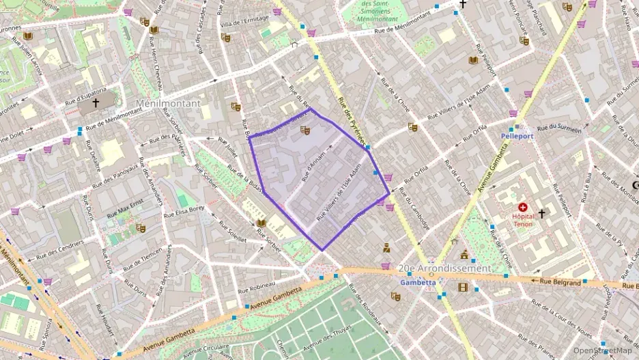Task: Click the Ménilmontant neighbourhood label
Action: (x=169, y=104)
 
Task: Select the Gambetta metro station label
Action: (x=417, y=282)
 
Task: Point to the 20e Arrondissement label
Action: (x=444, y=268)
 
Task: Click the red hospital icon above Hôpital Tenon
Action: (x=523, y=207)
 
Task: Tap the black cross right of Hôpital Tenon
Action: (x=542, y=214)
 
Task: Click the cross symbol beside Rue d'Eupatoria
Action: (x=96, y=103)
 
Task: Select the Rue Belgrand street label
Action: (x=560, y=281)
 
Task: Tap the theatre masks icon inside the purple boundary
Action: (x=305, y=128)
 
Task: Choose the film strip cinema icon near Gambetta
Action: (x=464, y=287)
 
